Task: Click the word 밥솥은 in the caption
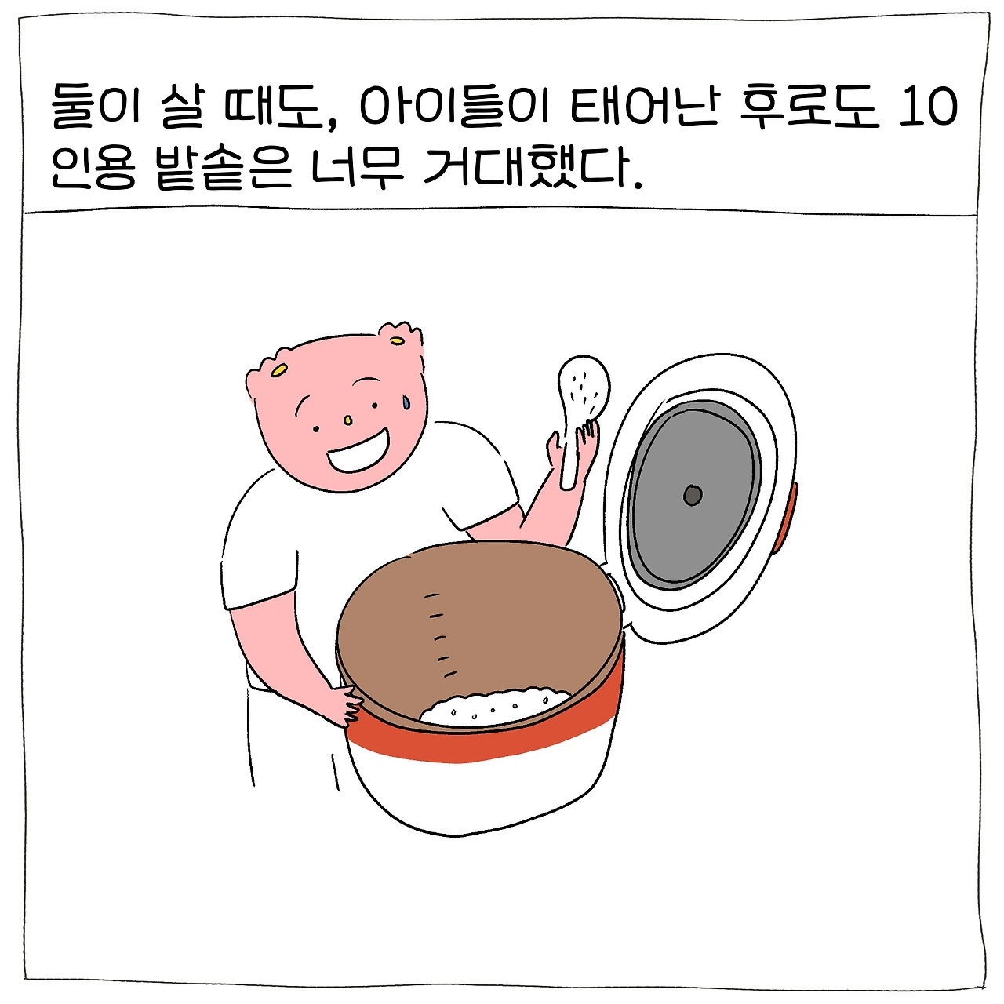(x=223, y=169)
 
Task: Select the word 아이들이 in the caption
(x=452, y=107)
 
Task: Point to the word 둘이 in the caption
(x=96, y=107)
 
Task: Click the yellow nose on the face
(x=348, y=419)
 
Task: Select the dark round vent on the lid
(x=693, y=495)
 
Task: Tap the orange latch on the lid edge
(x=786, y=518)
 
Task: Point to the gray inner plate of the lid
(x=693, y=494)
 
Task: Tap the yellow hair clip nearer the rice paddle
(x=398, y=341)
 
